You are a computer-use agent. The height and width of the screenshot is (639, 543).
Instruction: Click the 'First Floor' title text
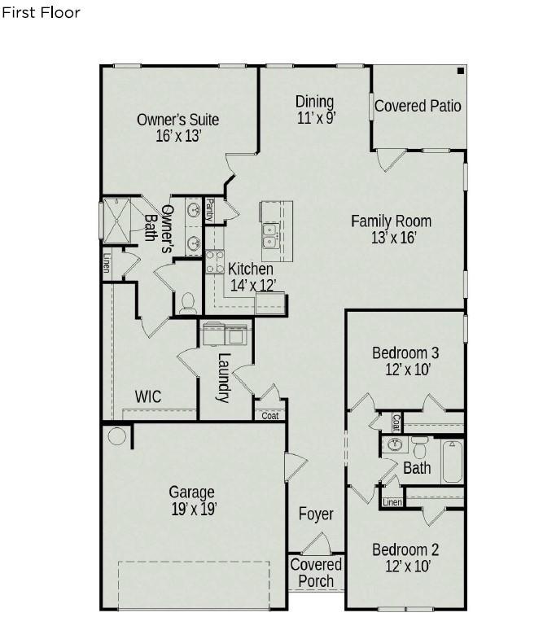coord(41,13)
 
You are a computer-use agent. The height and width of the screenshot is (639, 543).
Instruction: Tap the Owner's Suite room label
coord(177,120)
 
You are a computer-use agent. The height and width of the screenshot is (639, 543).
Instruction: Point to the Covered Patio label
coord(418,106)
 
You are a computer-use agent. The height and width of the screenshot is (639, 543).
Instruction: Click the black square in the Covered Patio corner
coord(461,71)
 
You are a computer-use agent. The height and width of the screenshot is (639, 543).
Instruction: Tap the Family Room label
coord(392,221)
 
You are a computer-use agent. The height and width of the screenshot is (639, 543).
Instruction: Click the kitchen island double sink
coord(270,235)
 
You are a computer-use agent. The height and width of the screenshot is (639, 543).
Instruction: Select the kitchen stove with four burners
coord(214,261)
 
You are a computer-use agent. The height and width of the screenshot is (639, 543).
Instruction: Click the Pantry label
coord(209,210)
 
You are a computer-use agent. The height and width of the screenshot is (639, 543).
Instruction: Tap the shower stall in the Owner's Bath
coord(117,221)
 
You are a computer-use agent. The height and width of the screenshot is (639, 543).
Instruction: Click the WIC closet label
coord(148,396)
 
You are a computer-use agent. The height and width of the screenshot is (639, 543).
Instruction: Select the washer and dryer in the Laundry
coord(225,335)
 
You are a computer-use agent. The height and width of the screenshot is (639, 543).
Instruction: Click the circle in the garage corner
coord(117,436)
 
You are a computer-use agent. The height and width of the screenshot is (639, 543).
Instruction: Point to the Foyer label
coord(316,514)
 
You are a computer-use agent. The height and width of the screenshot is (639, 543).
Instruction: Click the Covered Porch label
coord(316,572)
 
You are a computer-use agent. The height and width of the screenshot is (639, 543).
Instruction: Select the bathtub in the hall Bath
coord(453,462)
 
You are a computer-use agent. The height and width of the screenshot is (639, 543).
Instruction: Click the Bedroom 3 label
coord(405,353)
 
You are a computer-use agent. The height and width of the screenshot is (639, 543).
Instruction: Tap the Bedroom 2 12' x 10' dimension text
coord(408,566)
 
